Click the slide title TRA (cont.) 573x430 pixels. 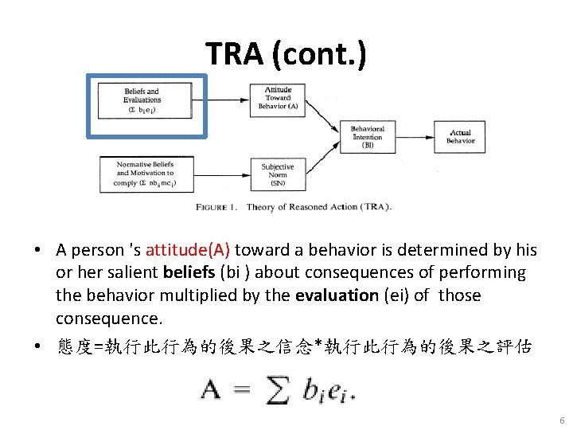click(286, 53)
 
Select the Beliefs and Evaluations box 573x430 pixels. click(142, 100)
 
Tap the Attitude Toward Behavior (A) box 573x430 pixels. click(278, 98)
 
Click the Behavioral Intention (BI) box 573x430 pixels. click(367, 137)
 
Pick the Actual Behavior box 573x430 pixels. click(460, 137)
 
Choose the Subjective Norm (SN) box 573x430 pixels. click(278, 174)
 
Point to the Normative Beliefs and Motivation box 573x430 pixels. click(145, 173)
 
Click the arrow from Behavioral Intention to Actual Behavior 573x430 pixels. click(415, 137)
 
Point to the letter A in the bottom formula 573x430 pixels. click(212, 390)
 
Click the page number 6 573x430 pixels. click(562, 420)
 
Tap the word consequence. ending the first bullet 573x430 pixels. click(109, 318)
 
